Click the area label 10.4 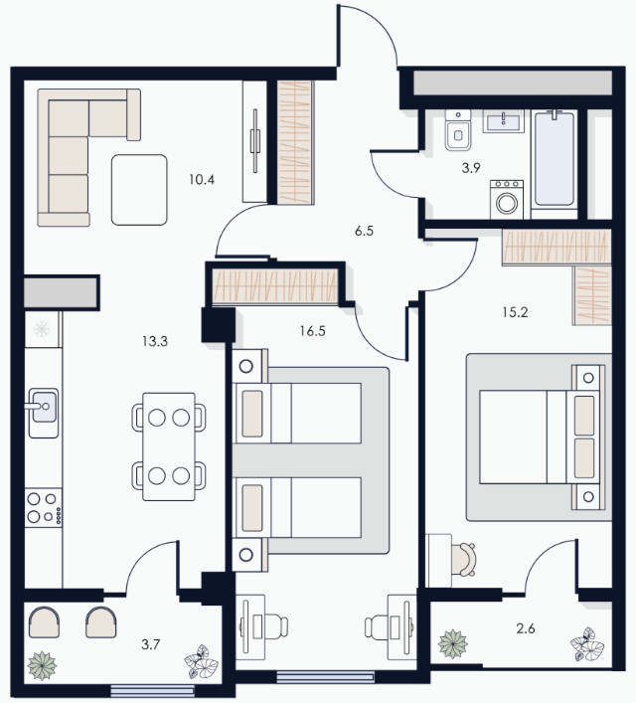tap(202, 180)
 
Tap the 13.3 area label tap(155, 342)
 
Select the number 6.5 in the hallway tap(364, 232)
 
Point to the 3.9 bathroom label tap(471, 168)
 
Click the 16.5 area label tap(312, 331)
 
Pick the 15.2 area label tap(515, 312)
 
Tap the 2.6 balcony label tap(526, 628)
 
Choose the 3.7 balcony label tap(151, 644)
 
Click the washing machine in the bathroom tap(507, 200)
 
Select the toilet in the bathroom tap(457, 130)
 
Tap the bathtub tap(554, 159)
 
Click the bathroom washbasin tap(503, 121)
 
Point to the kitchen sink tap(44, 413)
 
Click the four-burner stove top tap(44, 508)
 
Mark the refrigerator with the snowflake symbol tap(43, 329)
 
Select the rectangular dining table tap(169, 446)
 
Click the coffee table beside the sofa tap(139, 190)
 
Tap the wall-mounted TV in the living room tap(255, 141)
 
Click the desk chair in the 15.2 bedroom tap(463, 560)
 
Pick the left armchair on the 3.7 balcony tap(44, 621)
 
